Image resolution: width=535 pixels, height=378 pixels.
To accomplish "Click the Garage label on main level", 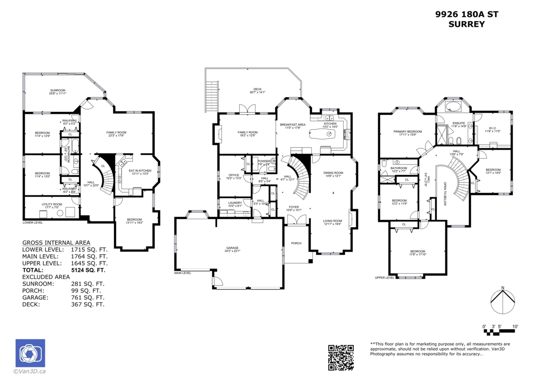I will pos(232,248).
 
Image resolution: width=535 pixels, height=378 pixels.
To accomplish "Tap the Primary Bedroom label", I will pos(407,132).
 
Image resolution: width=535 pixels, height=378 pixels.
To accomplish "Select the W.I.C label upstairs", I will pos(493,128).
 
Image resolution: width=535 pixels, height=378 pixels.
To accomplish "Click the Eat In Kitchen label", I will pos(140,171).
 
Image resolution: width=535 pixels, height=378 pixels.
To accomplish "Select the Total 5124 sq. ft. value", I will pos(88,270).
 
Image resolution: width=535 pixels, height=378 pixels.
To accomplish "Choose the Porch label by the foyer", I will pos(296,243).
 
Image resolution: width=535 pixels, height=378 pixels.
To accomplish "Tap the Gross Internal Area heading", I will pos(56,242).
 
